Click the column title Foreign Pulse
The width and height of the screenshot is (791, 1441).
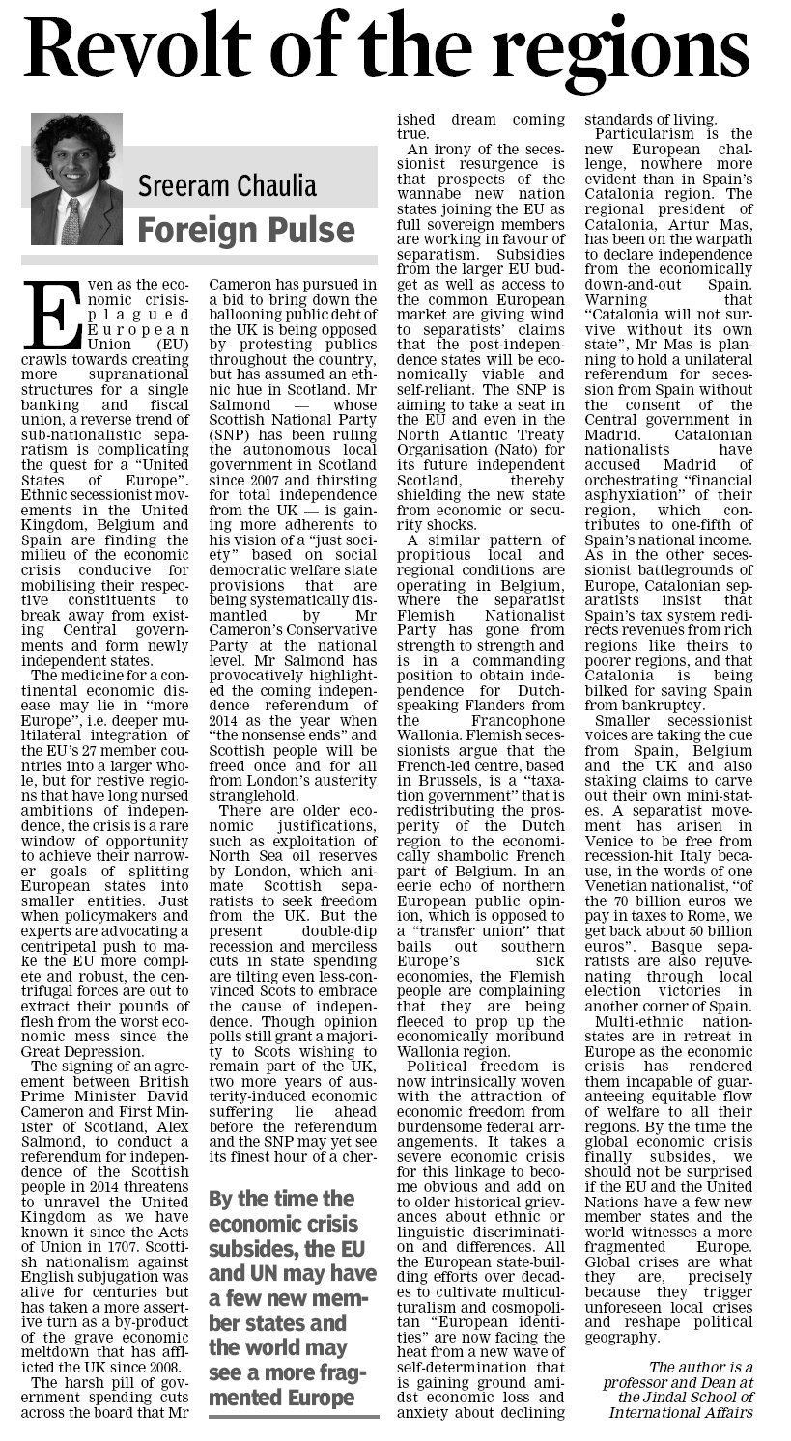[x=246, y=230]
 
